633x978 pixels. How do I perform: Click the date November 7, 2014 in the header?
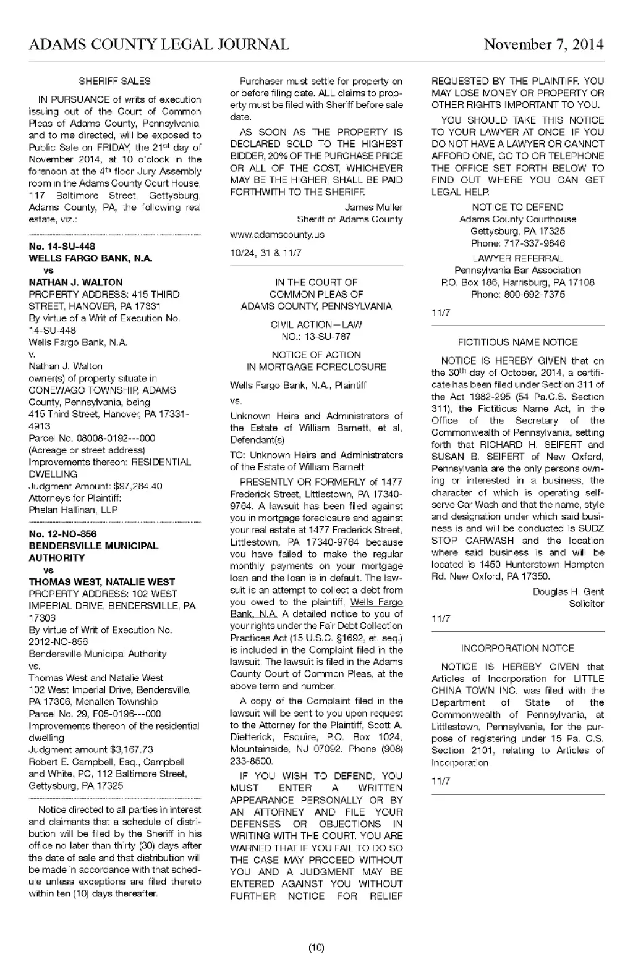543,44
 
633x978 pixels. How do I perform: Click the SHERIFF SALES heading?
114,81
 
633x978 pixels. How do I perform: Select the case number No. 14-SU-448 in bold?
62,246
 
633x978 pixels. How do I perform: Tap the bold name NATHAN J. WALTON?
75,282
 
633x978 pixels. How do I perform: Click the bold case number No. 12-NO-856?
62,534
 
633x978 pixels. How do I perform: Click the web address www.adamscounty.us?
277,235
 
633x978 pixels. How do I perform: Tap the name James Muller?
373,208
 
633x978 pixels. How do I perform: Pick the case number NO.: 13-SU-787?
316,337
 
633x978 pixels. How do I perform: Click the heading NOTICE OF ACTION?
316,355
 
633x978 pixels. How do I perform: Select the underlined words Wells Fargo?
376,602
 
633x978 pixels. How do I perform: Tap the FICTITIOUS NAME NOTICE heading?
517,342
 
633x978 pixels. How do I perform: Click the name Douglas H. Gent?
568,592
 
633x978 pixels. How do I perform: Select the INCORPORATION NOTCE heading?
517,648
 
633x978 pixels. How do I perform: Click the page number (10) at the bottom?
316,948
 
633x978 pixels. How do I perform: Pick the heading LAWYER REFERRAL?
517,258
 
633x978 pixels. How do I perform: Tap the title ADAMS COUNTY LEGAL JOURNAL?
159,44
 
